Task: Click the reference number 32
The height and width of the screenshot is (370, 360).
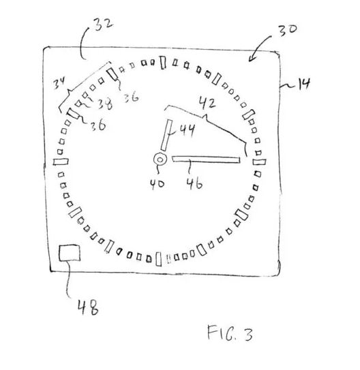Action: coord(104,24)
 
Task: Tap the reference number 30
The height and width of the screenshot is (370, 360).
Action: coord(287,30)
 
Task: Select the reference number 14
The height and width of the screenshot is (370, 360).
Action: coord(304,84)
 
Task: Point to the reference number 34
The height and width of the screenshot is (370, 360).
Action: coord(59,83)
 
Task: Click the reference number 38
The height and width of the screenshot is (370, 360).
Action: coord(105,104)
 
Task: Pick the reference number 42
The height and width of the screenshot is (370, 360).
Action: coord(207,104)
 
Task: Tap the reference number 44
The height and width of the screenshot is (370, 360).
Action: coord(187,130)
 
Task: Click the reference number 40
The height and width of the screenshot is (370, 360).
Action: coord(157,184)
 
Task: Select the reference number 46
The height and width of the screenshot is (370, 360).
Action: coord(194,183)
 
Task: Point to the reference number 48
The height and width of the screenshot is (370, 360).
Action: coord(88,307)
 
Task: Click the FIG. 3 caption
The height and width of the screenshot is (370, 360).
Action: coord(230,333)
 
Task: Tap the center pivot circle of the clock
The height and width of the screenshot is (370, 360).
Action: coord(160,159)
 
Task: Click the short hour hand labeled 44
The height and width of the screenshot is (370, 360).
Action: coord(167,135)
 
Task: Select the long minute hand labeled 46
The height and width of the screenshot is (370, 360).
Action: coord(206,159)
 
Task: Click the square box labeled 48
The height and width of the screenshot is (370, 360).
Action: coord(70,253)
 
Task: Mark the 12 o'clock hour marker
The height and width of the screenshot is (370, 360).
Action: coord(162,63)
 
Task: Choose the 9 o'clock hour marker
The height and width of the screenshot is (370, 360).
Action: coord(61,161)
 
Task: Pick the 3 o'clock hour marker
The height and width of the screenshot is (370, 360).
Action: coord(259,162)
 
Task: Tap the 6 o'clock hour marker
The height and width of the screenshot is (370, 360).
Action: coord(159,259)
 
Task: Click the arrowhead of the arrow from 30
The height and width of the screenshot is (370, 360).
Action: coord(251,59)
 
